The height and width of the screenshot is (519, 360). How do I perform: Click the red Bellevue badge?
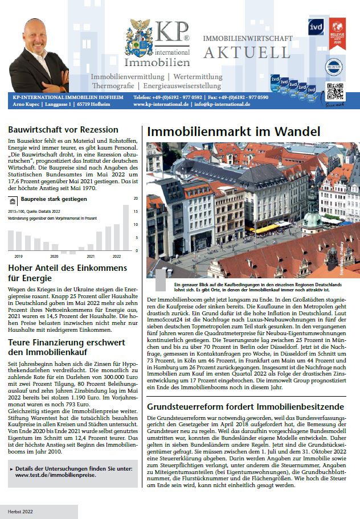337,32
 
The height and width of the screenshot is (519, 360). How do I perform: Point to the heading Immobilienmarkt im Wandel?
234,131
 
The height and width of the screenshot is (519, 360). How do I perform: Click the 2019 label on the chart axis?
18,256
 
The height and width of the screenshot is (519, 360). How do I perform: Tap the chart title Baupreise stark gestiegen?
54,199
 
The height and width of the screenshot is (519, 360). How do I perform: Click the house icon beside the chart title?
13,200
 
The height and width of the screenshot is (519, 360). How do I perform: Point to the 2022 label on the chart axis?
117,256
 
